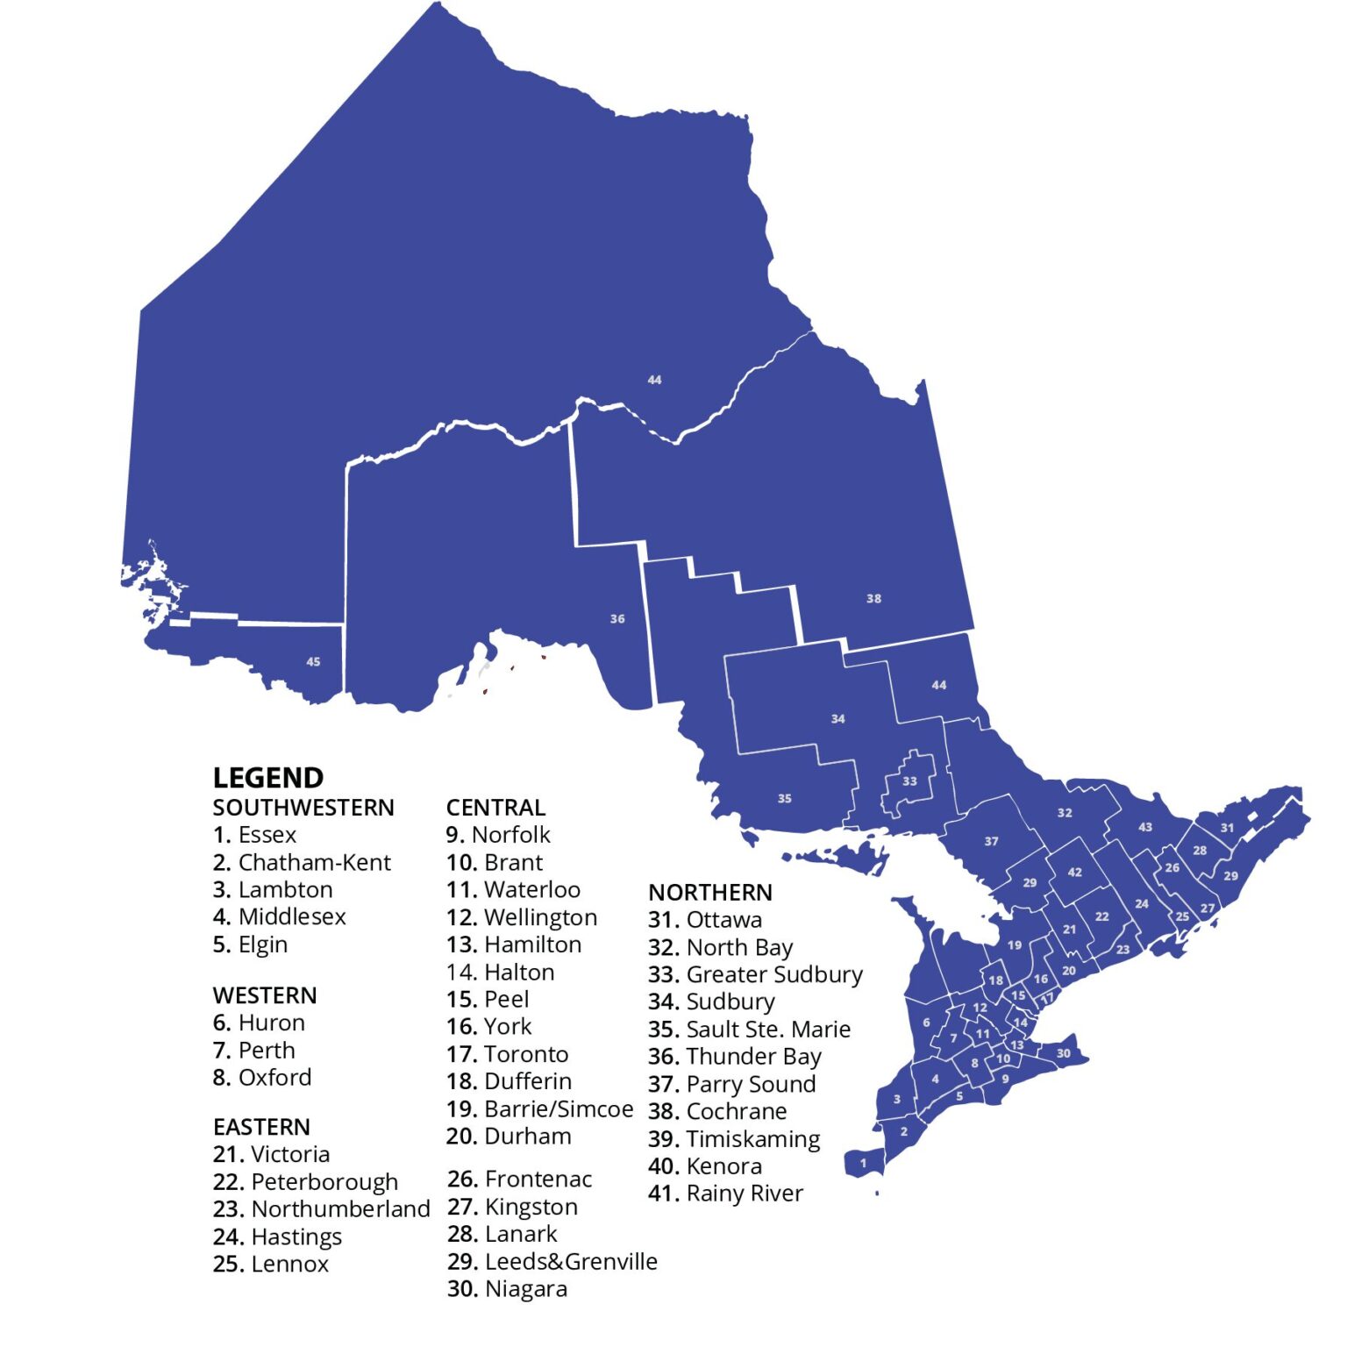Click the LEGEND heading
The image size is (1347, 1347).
(x=267, y=778)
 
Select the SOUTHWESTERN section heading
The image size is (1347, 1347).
(x=303, y=808)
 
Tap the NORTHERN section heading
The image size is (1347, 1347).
(x=710, y=893)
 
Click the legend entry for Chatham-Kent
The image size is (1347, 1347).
(x=302, y=863)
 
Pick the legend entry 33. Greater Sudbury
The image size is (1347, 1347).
(x=755, y=974)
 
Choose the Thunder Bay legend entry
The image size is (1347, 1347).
(x=735, y=1057)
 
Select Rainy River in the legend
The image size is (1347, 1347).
(x=725, y=1194)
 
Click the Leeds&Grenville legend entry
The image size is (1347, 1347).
(x=552, y=1262)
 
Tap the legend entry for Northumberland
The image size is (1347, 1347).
(x=321, y=1209)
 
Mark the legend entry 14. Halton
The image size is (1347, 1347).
(x=500, y=973)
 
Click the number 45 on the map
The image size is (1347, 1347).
(x=313, y=662)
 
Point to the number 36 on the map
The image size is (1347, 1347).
(x=617, y=619)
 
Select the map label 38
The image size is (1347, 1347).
(x=873, y=599)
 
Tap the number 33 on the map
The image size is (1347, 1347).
(x=909, y=781)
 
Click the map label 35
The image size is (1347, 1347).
(x=784, y=799)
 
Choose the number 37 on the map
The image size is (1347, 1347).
(x=991, y=842)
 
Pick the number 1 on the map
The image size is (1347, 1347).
(x=863, y=1163)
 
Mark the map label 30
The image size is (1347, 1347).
(x=1063, y=1053)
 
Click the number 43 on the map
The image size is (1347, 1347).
(x=1145, y=827)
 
